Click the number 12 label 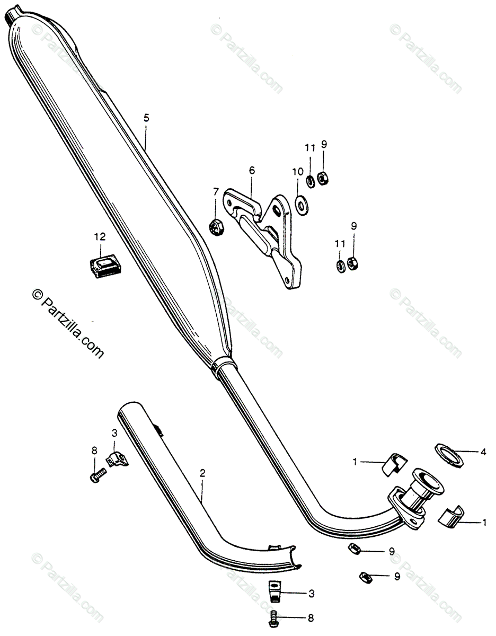point(100,236)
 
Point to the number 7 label point(216,191)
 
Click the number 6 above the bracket point(252,170)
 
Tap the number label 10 point(297,172)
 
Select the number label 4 point(483,452)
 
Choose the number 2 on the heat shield point(202,472)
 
